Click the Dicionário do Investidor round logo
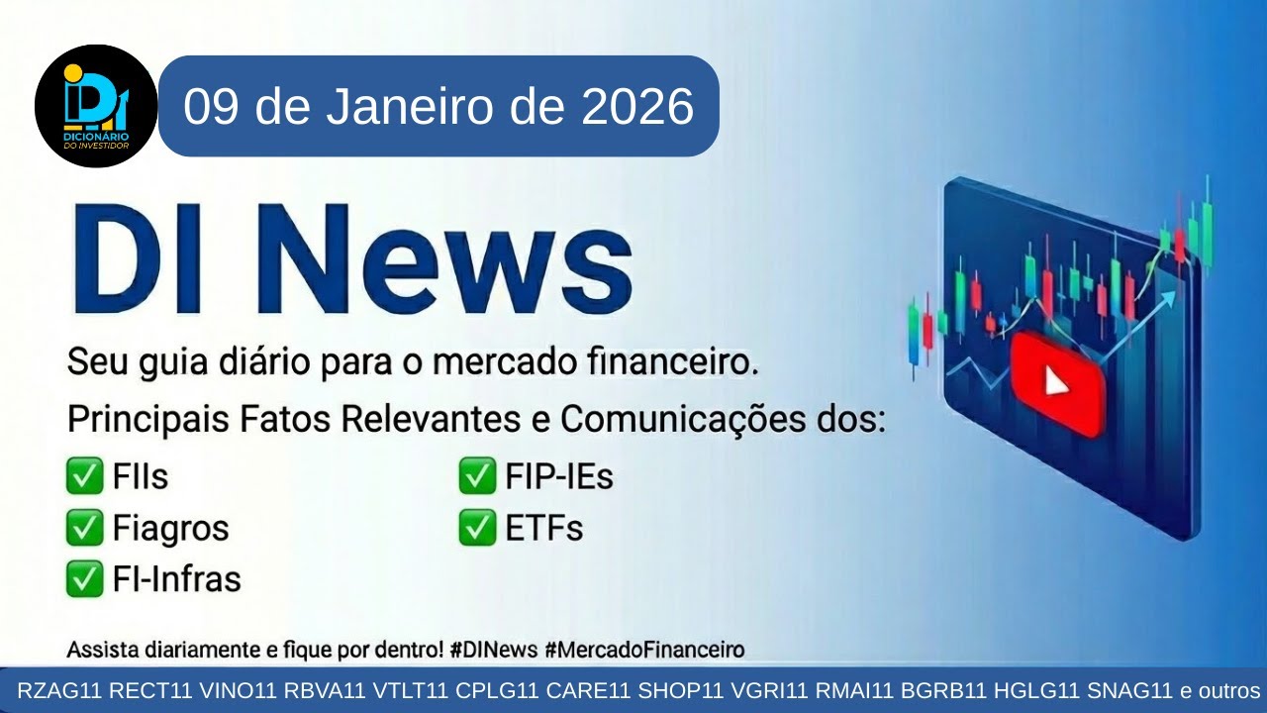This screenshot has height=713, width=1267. tap(96, 106)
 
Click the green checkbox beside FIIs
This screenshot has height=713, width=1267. tap(84, 477)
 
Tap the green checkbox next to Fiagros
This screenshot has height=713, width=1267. tap(84, 528)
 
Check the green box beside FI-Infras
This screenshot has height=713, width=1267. tap(84, 578)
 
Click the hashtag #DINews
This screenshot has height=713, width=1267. tap(491, 651)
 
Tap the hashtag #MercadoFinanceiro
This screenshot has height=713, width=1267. tap(644, 651)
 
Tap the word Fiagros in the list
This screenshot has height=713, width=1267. tap(171, 528)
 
